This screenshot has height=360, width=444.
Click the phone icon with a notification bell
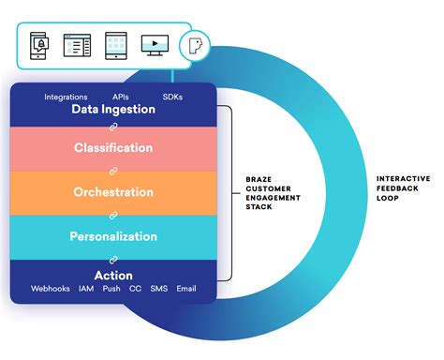40,45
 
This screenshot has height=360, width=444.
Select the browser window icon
76,45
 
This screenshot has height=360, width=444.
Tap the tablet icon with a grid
114,45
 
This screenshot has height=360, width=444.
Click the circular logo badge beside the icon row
195,44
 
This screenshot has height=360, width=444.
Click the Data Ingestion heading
113,110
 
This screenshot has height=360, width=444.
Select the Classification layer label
113,148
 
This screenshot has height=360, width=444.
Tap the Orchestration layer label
113,192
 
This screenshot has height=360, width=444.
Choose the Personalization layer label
113,236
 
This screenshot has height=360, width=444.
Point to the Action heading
113,276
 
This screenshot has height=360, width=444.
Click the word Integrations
66,97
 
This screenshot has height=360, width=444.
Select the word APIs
121,97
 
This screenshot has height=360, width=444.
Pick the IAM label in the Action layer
87,289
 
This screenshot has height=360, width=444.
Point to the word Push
111,289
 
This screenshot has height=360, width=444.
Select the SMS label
158,289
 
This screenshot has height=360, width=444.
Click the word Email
187,289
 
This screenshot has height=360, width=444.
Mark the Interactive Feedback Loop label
404,187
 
